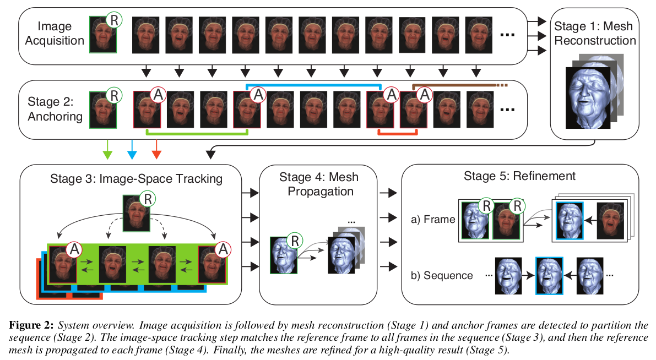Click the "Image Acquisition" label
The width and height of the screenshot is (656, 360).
coord(61,33)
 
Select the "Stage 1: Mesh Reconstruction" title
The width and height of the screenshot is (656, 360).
coord(594,34)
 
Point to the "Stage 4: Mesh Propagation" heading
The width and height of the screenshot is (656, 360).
coord(318,184)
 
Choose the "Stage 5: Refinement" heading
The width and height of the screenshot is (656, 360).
coord(521,176)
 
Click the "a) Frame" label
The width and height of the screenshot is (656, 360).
coord(433,219)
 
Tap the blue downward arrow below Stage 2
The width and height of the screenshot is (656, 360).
coord(132,149)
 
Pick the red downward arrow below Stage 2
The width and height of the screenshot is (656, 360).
coord(156,149)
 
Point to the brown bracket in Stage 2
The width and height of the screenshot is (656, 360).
coord(457,85)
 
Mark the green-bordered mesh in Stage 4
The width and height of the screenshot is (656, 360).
coord(284,254)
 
